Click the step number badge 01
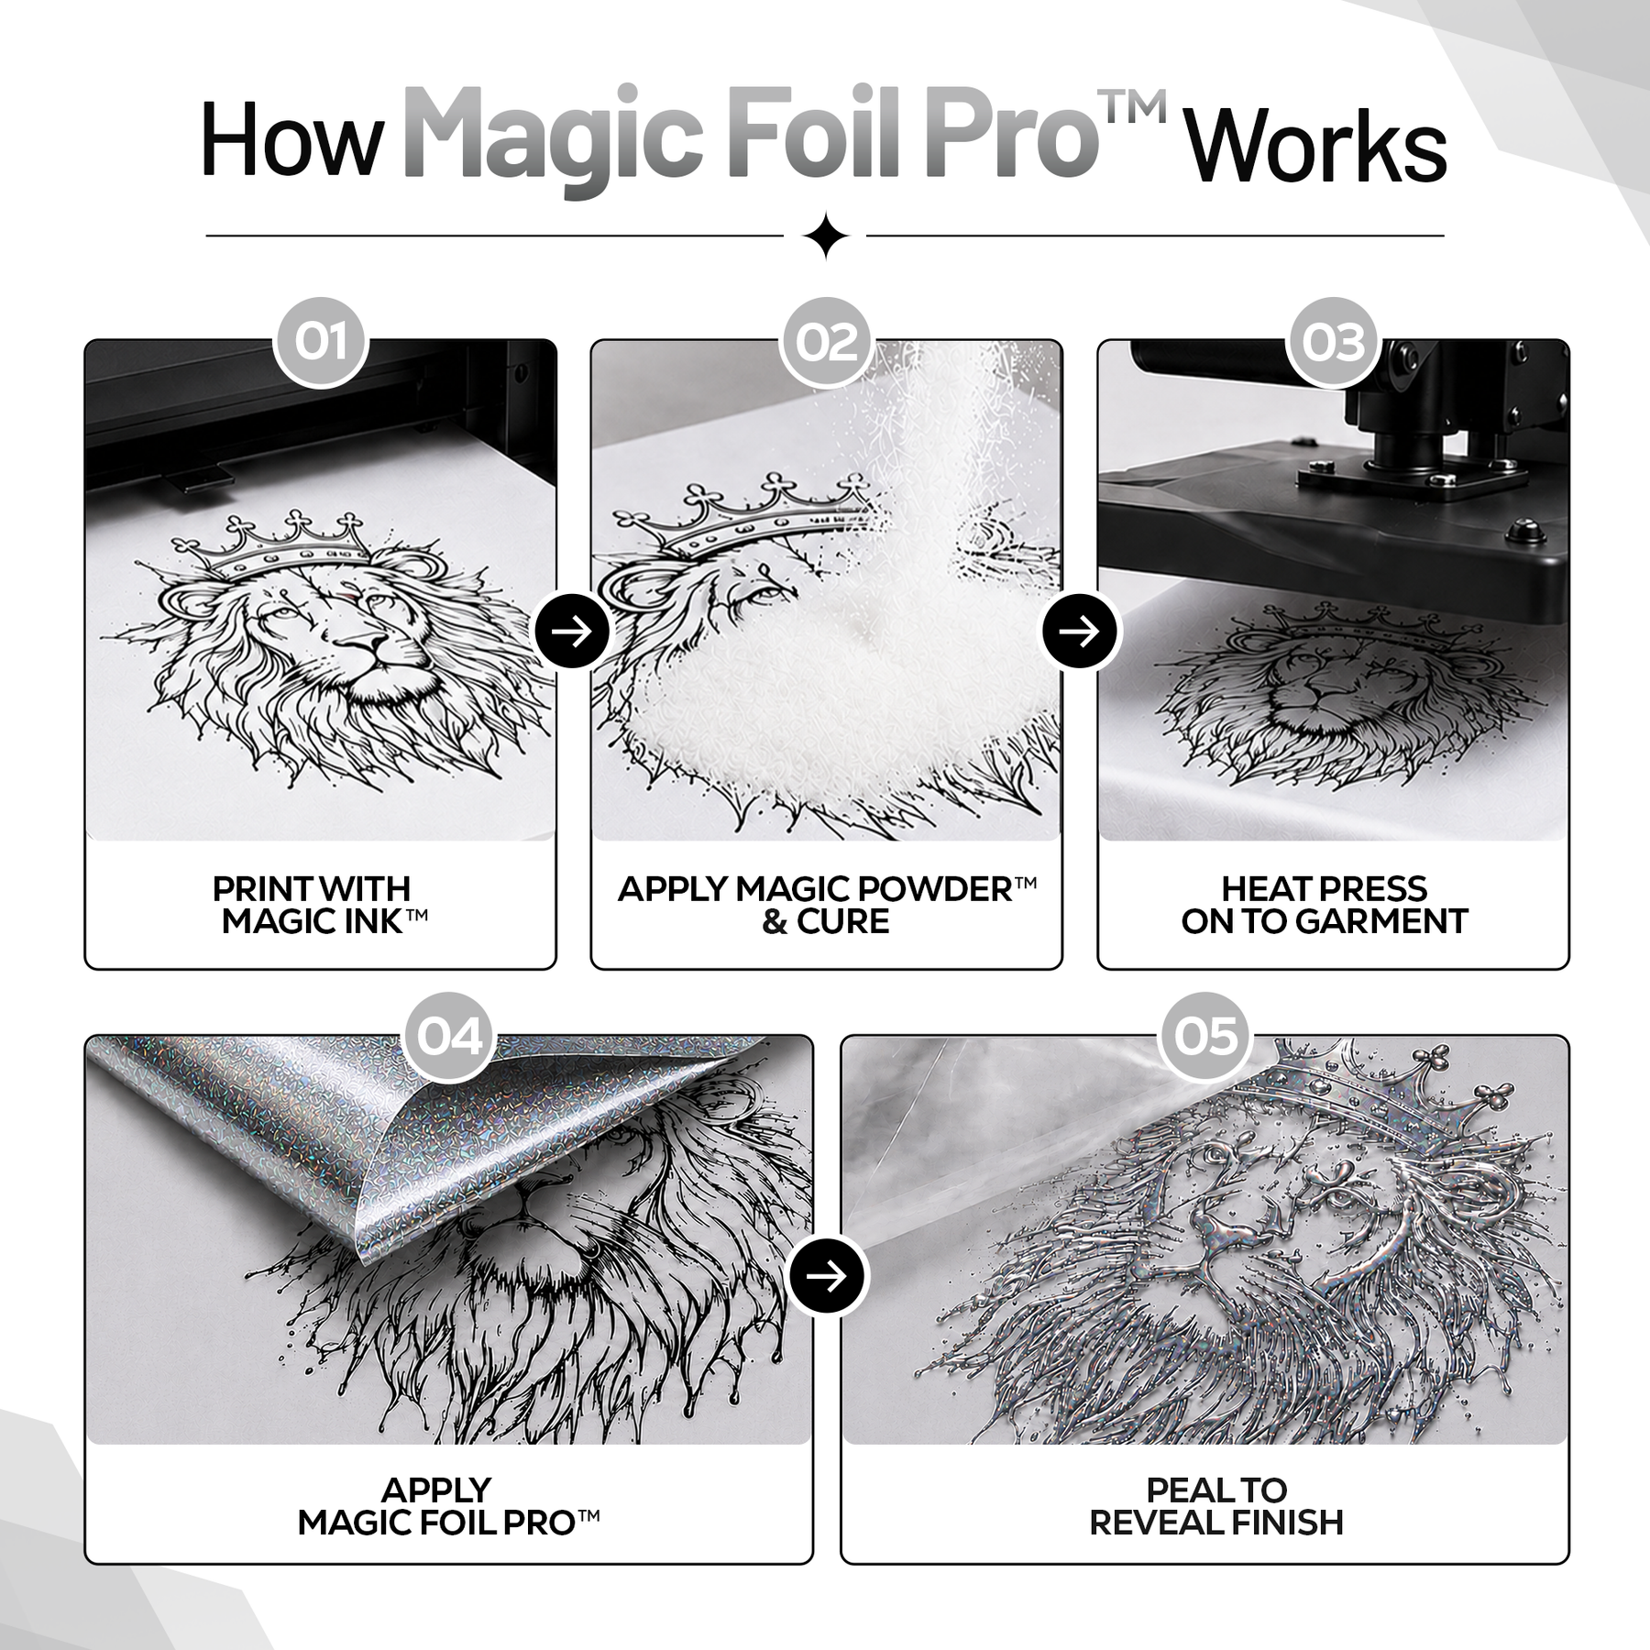[x=321, y=342]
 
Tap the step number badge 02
[x=827, y=342]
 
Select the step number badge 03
[x=1334, y=342]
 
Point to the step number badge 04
[x=449, y=1037]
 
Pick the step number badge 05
[x=1205, y=1037]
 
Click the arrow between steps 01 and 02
[x=574, y=631]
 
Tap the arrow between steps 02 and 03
[x=1080, y=631]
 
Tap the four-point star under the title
[x=825, y=236]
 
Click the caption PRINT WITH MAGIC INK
[x=320, y=905]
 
